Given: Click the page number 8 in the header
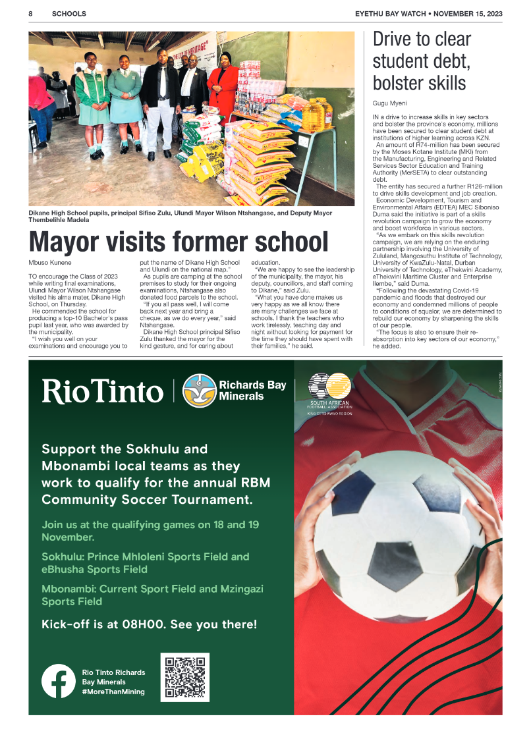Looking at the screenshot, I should (31, 13).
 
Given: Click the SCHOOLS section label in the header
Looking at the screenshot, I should (69, 13).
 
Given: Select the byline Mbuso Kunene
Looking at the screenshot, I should (50, 262).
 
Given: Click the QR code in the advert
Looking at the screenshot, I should (184, 677).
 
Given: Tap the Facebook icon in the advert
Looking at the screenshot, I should (58, 681).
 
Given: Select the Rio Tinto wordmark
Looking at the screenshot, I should (102, 391).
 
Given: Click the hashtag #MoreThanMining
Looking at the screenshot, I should (113, 692).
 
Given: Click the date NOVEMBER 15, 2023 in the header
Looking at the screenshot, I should (467, 13).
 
